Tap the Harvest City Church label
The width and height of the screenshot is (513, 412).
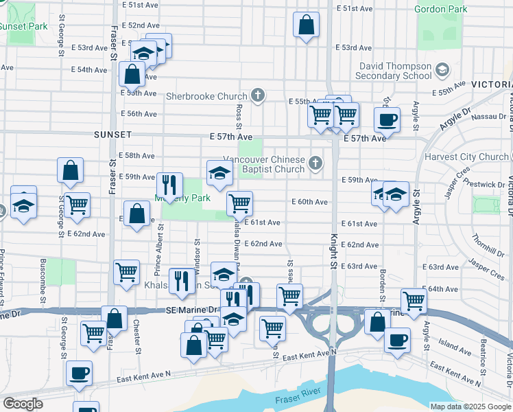[x=466, y=157]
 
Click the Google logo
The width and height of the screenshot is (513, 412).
[x=23, y=404]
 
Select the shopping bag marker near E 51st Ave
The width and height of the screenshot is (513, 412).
[x=307, y=25]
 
